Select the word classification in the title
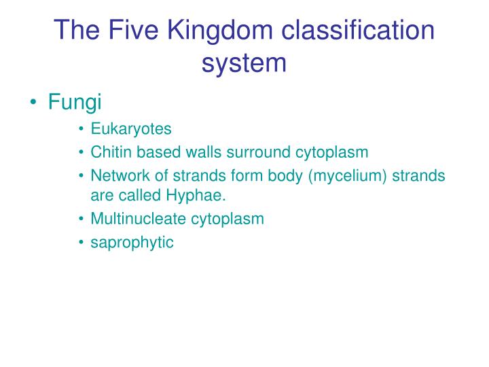358,30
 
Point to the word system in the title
244,63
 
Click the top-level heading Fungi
75,103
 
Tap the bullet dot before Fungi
34,103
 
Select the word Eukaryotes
131,129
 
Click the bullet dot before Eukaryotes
81,130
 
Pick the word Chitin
108,152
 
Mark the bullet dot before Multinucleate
81,220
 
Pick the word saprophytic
132,243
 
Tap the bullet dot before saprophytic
81,243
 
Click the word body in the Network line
288,176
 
